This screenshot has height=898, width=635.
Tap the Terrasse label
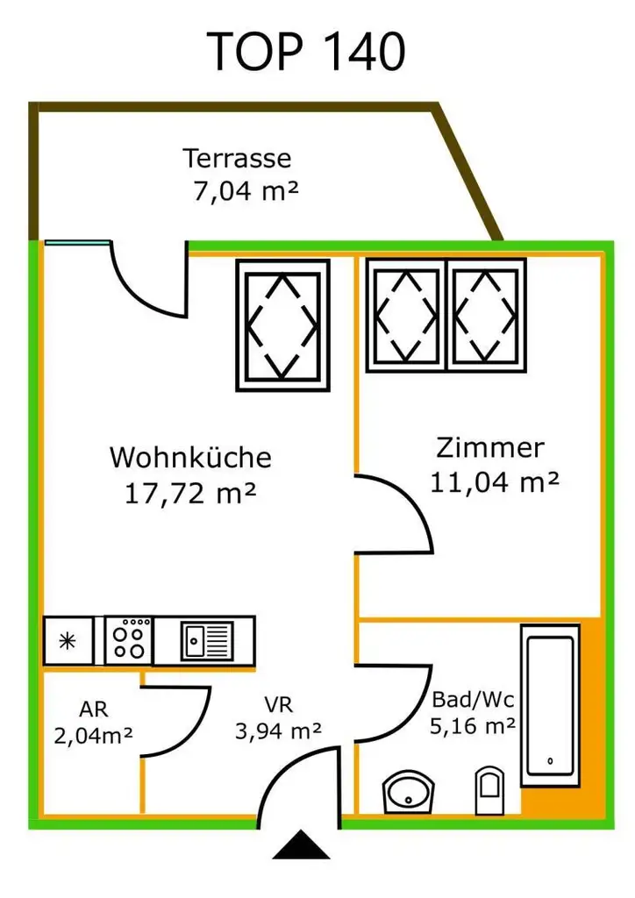coord(237,159)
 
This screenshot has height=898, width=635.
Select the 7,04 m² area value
coord(246,190)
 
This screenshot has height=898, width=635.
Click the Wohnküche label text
coord(190,458)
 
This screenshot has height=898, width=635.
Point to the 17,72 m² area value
coord(190,493)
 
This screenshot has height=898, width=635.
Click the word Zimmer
coord(489,448)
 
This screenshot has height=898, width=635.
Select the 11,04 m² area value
coord(494,481)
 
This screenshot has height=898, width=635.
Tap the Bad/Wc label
coord(472,700)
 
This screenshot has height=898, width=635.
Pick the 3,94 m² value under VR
coord(278,730)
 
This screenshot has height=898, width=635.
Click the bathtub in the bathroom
coord(550,704)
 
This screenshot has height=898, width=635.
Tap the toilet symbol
coord(489,789)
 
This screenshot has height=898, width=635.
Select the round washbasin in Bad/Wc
coord(410,792)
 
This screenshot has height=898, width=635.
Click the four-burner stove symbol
coord(129,640)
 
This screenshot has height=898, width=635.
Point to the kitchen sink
coord(207,640)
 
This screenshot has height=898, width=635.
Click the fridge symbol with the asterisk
coord(68,640)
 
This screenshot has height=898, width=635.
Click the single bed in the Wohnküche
coord(282,324)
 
